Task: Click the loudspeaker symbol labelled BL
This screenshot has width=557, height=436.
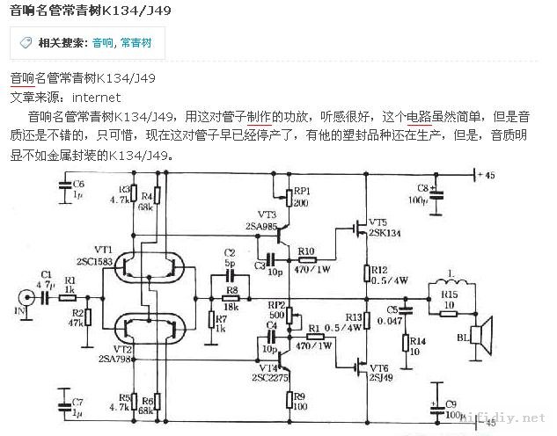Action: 479,334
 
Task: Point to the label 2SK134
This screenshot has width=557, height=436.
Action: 386,234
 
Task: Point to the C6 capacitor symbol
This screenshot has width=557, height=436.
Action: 63,185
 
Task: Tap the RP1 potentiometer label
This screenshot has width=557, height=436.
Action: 302,190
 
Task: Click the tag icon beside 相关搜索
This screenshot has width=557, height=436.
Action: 26,42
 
